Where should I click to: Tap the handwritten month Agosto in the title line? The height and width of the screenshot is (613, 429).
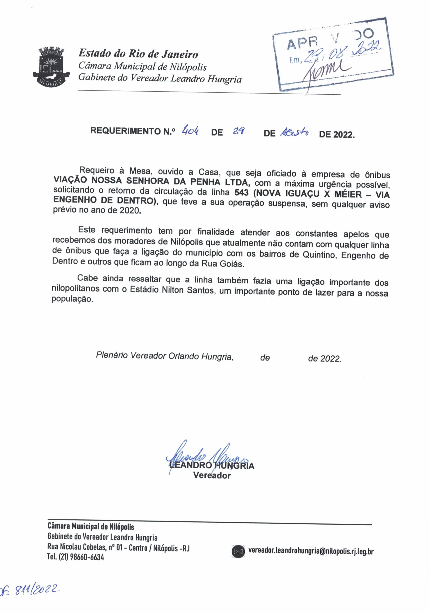294,132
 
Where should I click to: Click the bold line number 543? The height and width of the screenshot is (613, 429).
242,193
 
